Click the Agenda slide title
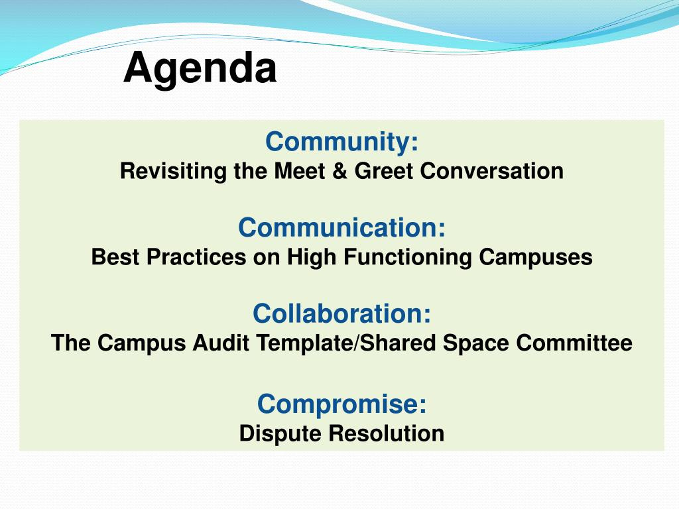(x=200, y=69)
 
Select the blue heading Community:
(x=342, y=142)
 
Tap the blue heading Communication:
(x=341, y=227)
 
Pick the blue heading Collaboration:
(x=342, y=313)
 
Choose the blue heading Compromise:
(x=342, y=404)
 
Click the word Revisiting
(x=173, y=171)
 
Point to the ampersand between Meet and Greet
(x=340, y=171)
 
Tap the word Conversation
(x=492, y=171)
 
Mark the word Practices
(x=196, y=257)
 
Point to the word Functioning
(x=408, y=258)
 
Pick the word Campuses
(x=536, y=258)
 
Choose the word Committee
(x=574, y=343)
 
